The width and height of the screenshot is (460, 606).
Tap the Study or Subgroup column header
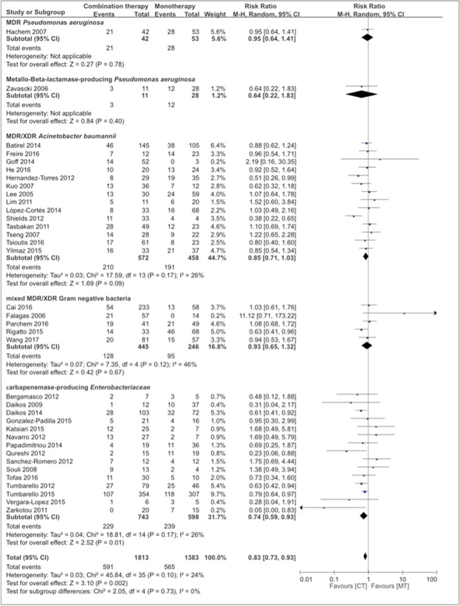(33, 13)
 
